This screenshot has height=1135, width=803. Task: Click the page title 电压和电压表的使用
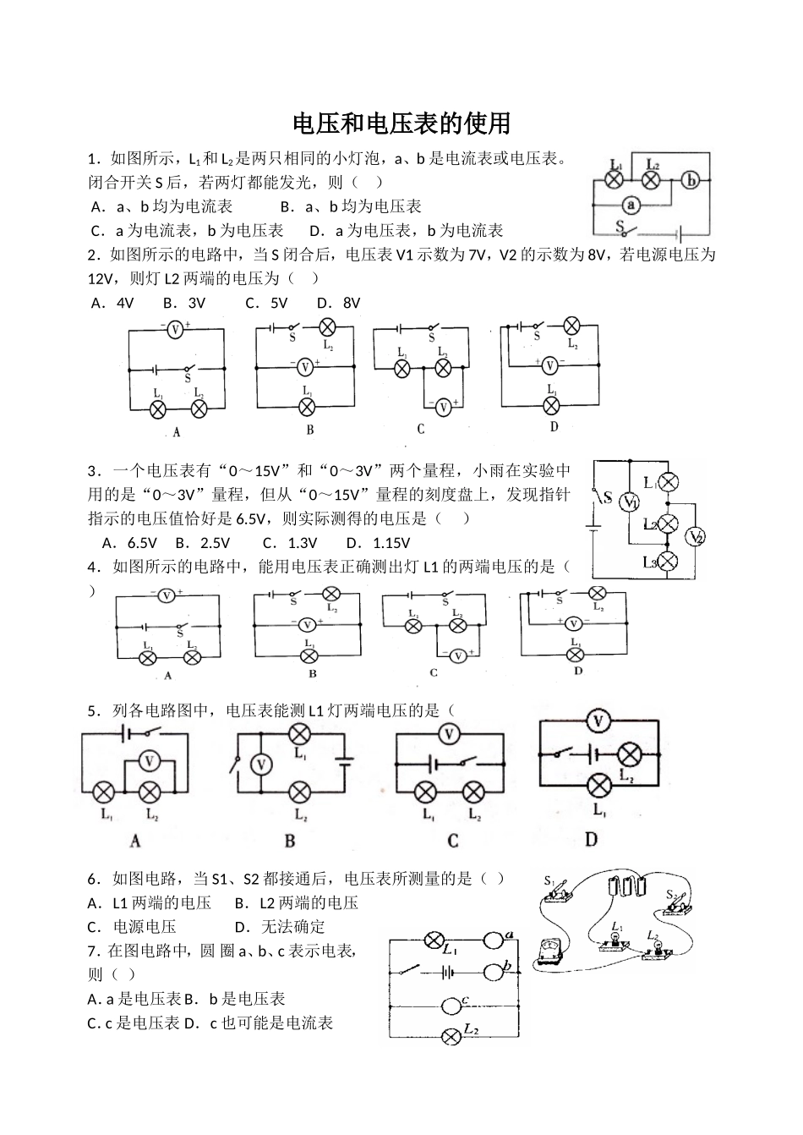click(401, 123)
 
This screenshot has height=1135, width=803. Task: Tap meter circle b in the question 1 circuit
click(691, 179)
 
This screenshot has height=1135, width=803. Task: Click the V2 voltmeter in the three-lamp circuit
click(695, 536)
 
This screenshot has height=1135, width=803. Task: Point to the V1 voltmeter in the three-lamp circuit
click(629, 502)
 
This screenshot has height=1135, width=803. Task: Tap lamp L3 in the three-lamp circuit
click(668, 561)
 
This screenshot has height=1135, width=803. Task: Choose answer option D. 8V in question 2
click(339, 303)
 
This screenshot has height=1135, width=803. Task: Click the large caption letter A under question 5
click(135, 841)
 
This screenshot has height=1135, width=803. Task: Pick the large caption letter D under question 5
click(591, 839)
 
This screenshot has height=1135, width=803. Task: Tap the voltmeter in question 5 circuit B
click(262, 765)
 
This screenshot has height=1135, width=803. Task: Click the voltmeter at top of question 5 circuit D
click(598, 721)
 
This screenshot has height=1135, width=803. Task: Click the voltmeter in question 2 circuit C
click(443, 407)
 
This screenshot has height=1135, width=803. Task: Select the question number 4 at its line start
click(92, 567)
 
